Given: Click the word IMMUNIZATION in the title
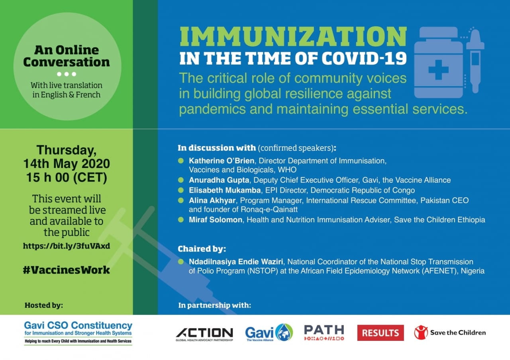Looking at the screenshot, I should click(x=293, y=37).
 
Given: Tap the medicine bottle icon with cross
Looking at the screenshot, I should click(x=438, y=63).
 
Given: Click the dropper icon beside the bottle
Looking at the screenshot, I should click(x=475, y=60).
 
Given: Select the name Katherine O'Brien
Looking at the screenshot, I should click(x=216, y=161).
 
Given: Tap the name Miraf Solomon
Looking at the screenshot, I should click(x=216, y=220).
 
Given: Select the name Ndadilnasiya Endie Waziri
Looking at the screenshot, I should click(x=237, y=262).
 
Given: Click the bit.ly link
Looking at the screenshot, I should click(x=67, y=246).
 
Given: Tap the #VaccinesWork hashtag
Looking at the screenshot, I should click(x=67, y=270).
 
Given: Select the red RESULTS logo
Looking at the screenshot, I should click(x=380, y=333).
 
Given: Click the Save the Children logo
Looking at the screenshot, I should click(x=450, y=332).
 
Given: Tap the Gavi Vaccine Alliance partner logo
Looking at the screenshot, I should click(x=269, y=333).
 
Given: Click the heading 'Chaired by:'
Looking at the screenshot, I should click(x=202, y=249).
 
